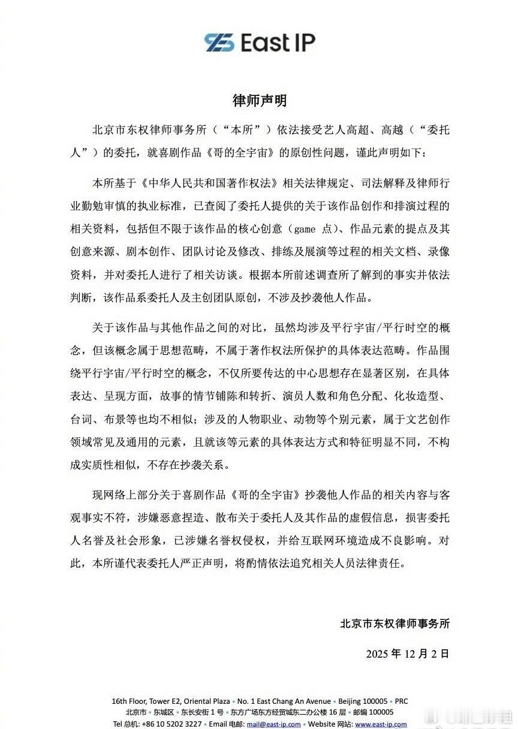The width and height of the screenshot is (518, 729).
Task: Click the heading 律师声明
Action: click(259, 100)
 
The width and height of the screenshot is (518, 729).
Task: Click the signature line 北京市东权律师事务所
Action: click(394, 623)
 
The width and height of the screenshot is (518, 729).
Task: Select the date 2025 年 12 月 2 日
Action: click(408, 653)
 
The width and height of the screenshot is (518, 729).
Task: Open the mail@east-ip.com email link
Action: click(279, 724)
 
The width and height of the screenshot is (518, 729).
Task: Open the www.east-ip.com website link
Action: click(380, 724)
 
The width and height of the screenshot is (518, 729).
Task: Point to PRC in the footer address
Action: click(401, 701)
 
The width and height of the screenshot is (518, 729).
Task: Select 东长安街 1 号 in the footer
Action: click(203, 712)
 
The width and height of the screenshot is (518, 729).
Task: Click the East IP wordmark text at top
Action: click(277, 42)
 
